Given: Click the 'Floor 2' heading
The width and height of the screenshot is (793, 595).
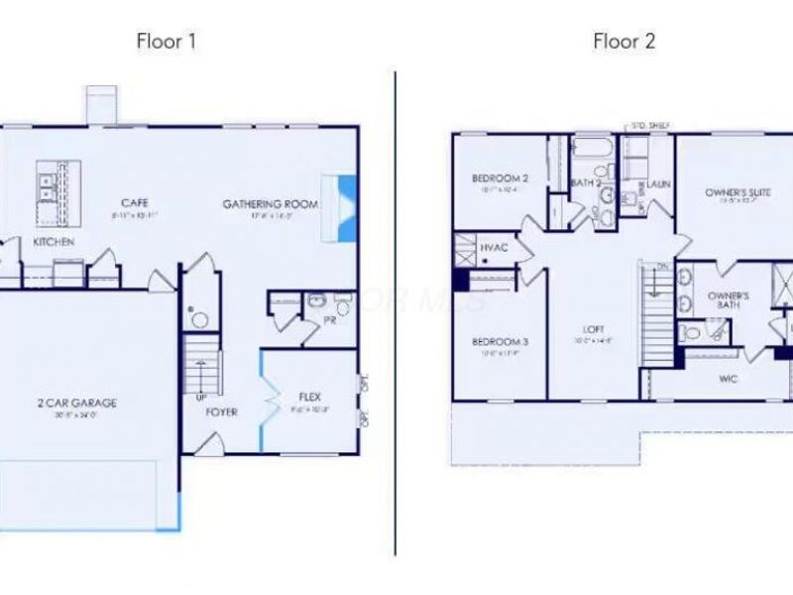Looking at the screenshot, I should pos(623,41).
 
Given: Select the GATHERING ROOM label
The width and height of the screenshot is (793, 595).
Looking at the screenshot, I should pos(270,203).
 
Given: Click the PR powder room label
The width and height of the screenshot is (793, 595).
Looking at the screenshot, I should pos(328,319).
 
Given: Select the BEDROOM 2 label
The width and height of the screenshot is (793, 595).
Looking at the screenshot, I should pos(498,178).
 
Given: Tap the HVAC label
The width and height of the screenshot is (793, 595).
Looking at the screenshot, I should pos(493,247).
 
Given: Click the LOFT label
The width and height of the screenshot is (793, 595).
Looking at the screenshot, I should pos(594,329).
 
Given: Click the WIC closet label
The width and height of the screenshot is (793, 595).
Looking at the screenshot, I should pos(728,378).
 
